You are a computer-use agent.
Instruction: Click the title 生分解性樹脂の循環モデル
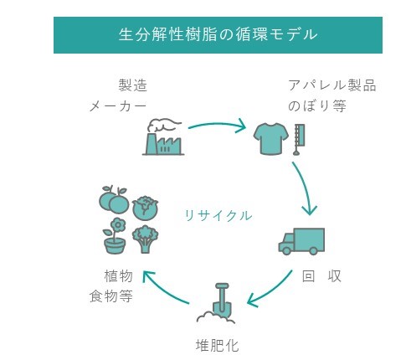coord(218,34)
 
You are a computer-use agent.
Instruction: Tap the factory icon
coord(163,137)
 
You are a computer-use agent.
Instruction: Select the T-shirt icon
coord(270,139)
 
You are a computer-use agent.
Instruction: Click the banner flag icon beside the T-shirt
coord(299,140)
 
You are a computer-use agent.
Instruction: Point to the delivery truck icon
coord(301,241)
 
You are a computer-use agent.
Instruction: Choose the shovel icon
coord(216,303)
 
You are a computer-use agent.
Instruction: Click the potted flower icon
coord(115,236)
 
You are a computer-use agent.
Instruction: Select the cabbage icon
coord(145,208)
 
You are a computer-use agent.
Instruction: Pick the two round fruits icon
coord(114,199)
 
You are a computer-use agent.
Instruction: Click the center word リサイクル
coord(218,216)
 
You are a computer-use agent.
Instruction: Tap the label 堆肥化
coord(218,346)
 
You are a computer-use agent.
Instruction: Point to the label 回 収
coord(321,276)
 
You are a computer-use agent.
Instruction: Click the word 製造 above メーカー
coord(133,85)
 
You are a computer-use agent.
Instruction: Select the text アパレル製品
coord(332,85)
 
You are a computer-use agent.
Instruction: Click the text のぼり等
coord(317,106)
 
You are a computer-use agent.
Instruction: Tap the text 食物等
coord(110,296)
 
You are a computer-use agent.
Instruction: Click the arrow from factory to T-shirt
coord(218,125)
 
